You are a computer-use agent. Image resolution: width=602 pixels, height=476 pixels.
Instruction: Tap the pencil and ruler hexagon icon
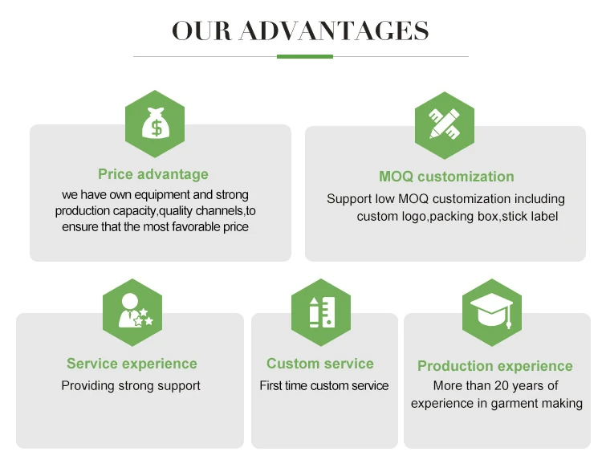click(x=444, y=125)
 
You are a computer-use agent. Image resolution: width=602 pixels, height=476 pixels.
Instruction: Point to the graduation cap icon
click(x=492, y=312)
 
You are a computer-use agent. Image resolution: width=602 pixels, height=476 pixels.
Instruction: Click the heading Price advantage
click(x=153, y=174)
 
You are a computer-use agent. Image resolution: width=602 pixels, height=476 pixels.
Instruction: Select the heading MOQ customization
click(x=446, y=177)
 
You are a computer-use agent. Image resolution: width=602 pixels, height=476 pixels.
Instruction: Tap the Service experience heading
click(x=132, y=364)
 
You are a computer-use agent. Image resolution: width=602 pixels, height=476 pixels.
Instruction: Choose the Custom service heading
click(x=320, y=364)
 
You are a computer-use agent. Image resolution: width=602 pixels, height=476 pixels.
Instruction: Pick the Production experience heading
click(x=495, y=366)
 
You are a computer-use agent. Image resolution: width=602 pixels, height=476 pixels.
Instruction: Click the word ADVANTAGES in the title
click(x=334, y=31)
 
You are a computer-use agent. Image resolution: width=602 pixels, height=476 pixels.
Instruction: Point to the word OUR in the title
click(x=201, y=31)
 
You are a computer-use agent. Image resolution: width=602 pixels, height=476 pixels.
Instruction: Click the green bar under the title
click(x=304, y=56)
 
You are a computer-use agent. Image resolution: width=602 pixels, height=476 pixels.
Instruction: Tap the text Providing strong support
click(x=131, y=385)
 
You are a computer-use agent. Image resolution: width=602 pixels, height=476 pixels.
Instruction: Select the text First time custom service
click(x=323, y=385)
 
